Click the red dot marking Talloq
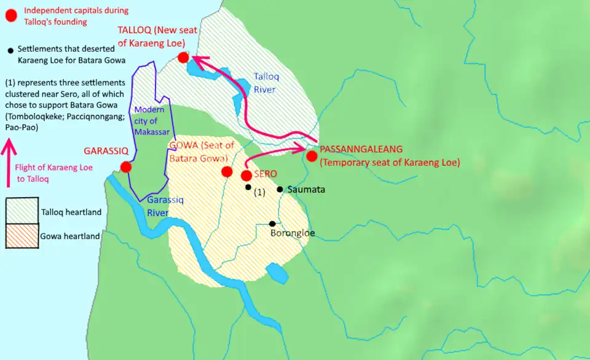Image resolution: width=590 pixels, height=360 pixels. click(x=183, y=58)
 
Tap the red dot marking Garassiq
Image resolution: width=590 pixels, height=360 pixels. click(x=126, y=167)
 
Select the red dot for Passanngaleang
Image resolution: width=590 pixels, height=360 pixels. click(x=312, y=156)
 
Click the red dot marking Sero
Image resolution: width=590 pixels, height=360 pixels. click(x=246, y=176)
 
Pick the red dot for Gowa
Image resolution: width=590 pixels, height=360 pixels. click(x=227, y=171)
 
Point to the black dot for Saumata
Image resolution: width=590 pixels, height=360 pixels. click(x=280, y=189)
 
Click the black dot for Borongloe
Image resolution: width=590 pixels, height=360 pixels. click(x=272, y=224)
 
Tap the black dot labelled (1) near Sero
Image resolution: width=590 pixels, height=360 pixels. click(x=248, y=187)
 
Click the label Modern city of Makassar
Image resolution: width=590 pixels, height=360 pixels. click(x=146, y=121)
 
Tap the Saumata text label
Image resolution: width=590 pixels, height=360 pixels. click(x=306, y=190)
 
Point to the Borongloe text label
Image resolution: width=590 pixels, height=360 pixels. click(x=293, y=233)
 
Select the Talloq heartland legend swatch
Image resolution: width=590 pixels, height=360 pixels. click(x=22, y=212)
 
